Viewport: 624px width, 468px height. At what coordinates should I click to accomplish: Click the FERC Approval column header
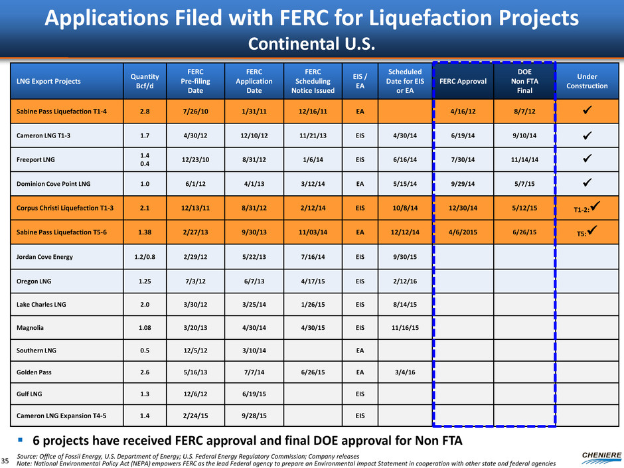click(462, 81)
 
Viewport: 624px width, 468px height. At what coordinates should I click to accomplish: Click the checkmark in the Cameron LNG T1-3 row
click(587, 137)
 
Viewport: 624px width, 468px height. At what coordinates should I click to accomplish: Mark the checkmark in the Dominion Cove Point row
click(587, 183)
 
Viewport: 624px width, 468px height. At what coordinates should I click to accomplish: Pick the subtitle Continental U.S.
click(312, 44)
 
